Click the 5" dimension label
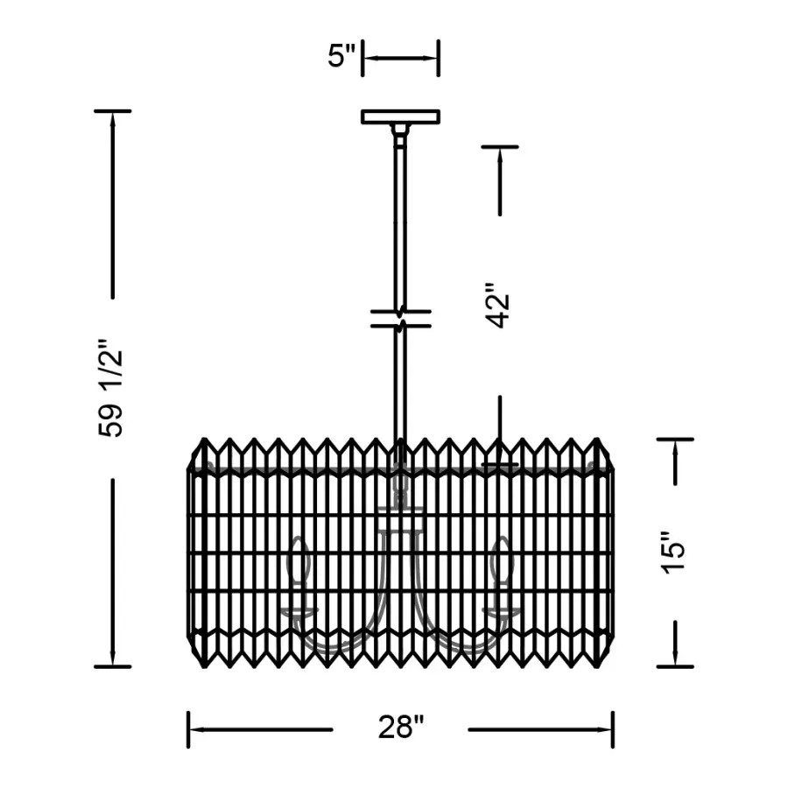click(341, 56)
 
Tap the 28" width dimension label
click(401, 727)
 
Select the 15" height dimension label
click(673, 552)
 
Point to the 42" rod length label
click(497, 306)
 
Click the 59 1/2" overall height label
click(110, 388)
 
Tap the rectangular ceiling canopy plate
click(400, 116)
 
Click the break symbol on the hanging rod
click(400, 319)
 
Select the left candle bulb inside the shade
click(300, 562)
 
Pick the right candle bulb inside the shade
click(502, 562)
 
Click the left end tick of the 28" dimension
click(188, 729)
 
